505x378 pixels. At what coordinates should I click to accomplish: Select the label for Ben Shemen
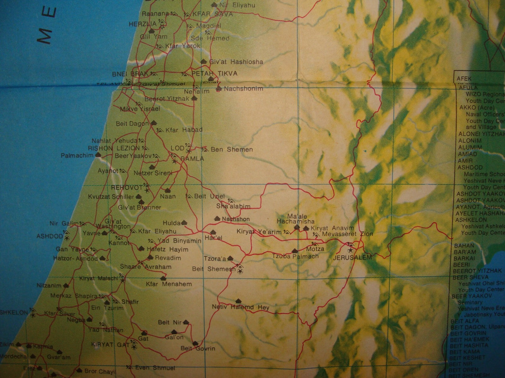click(x=232, y=149)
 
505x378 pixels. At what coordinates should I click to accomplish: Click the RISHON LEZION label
click(x=114, y=148)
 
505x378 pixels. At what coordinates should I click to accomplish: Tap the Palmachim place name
click(x=77, y=155)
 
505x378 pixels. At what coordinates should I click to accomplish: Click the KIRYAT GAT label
click(x=110, y=345)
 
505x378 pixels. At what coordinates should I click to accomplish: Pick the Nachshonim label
click(x=243, y=89)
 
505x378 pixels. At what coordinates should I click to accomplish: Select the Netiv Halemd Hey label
click(x=241, y=307)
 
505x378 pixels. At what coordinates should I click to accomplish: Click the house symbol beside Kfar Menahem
click(x=163, y=278)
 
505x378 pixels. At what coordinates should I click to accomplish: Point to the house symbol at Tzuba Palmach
click(x=295, y=251)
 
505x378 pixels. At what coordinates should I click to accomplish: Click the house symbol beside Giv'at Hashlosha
click(x=204, y=61)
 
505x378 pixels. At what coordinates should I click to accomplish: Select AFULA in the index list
click(x=468, y=88)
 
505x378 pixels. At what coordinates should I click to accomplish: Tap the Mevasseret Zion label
click(x=347, y=234)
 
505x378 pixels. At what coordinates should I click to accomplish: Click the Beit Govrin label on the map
click(x=198, y=348)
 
